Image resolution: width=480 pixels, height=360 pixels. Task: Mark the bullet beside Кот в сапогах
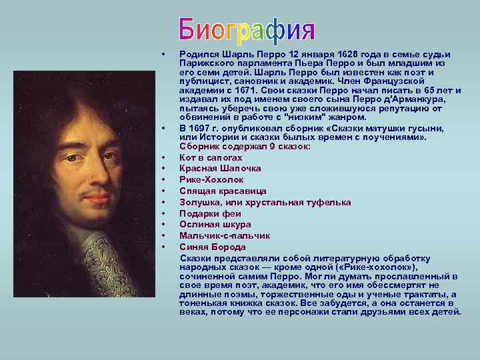point(163,158)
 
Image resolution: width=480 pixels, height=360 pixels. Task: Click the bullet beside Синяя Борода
point(163,247)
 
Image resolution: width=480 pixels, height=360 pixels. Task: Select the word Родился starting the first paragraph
point(198,54)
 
